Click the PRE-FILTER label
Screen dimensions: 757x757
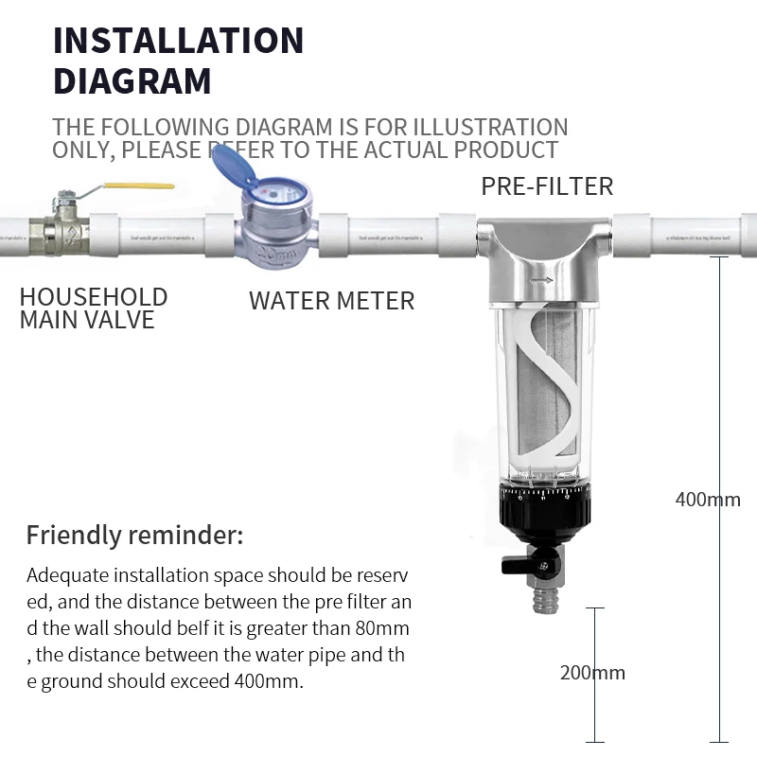(547, 185)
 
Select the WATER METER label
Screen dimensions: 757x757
(331, 301)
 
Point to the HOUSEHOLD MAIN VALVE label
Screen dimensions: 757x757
(93, 308)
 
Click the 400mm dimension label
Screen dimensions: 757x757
(707, 499)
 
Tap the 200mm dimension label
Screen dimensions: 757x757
(592, 673)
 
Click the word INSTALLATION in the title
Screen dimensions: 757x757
(178, 41)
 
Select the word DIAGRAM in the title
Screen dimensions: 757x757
(132, 81)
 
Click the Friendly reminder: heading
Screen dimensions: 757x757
(134, 536)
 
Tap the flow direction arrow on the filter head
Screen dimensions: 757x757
(541, 281)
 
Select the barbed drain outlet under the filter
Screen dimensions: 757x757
(546, 598)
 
